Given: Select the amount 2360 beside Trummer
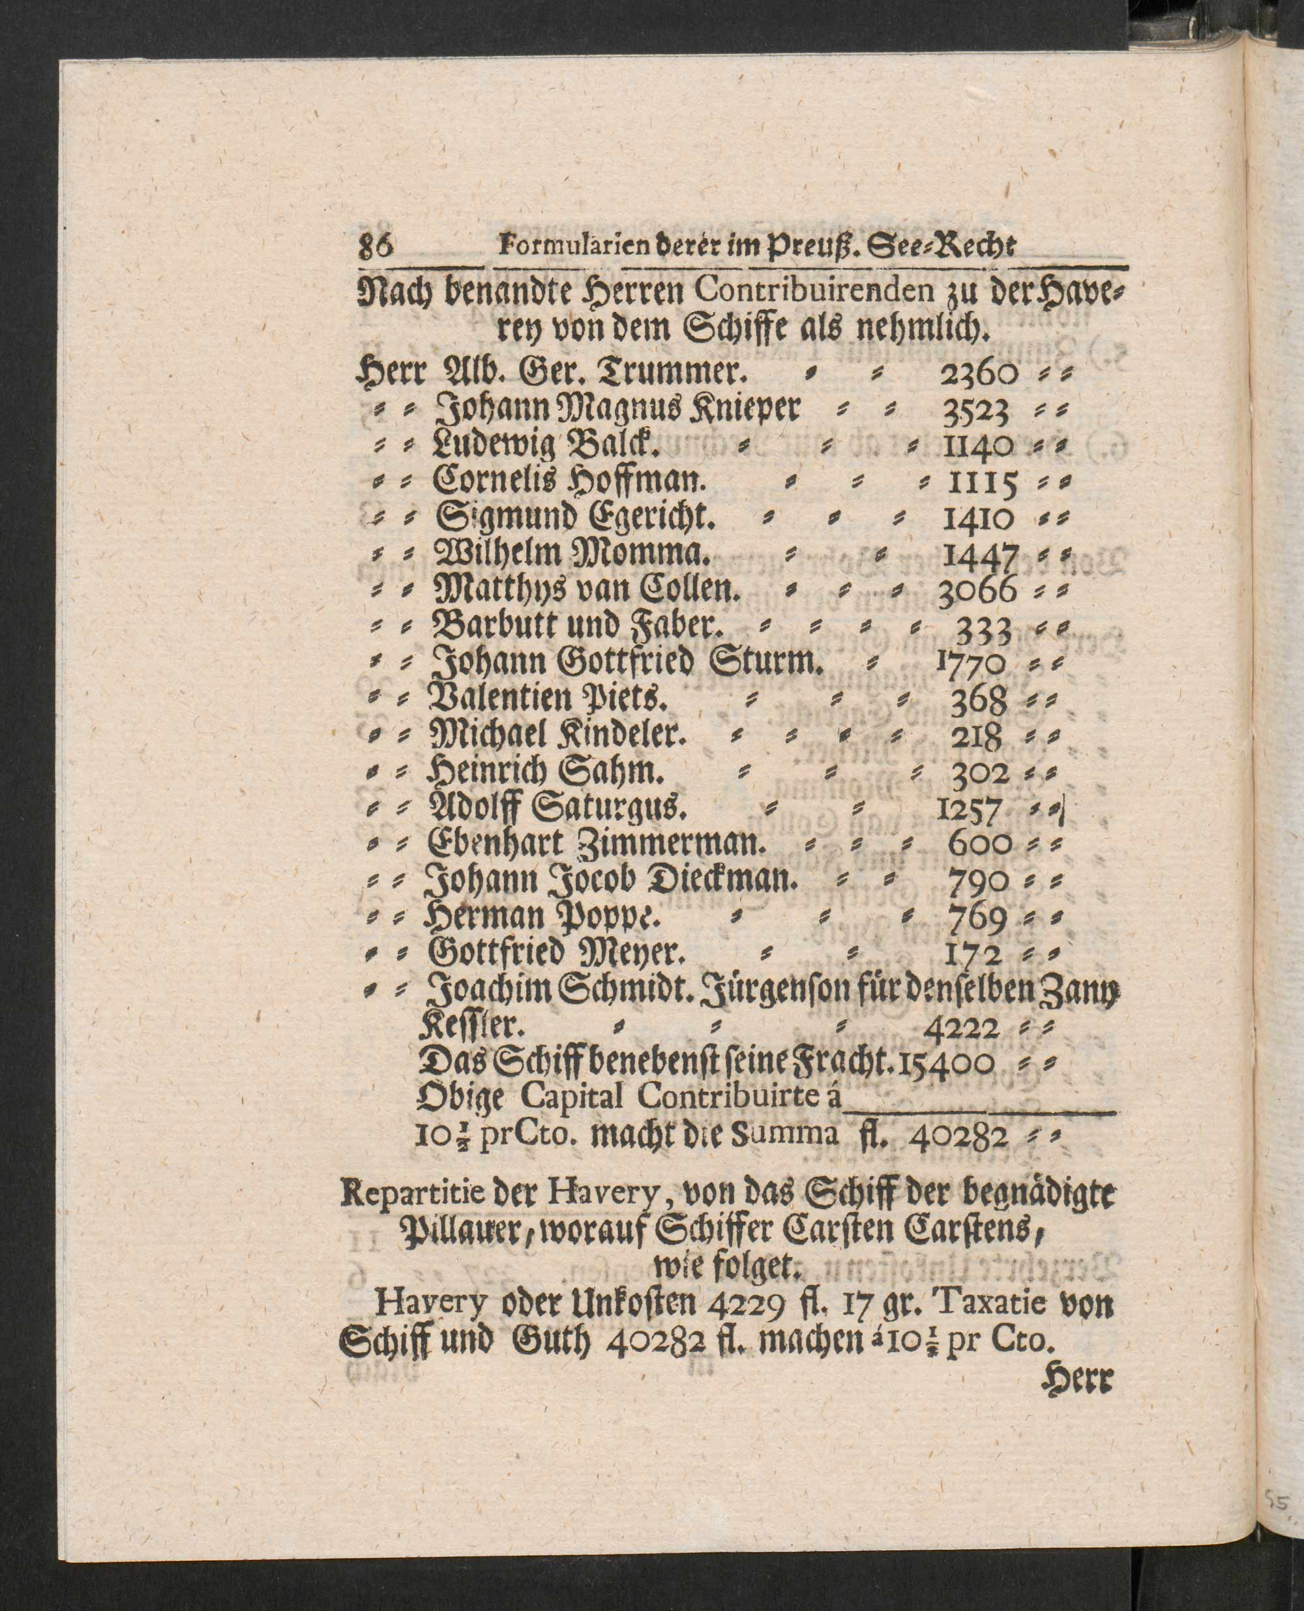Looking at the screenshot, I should point(979,374).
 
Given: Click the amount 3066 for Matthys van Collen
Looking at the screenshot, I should point(977,593).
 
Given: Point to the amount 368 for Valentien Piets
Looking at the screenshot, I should point(978,702).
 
